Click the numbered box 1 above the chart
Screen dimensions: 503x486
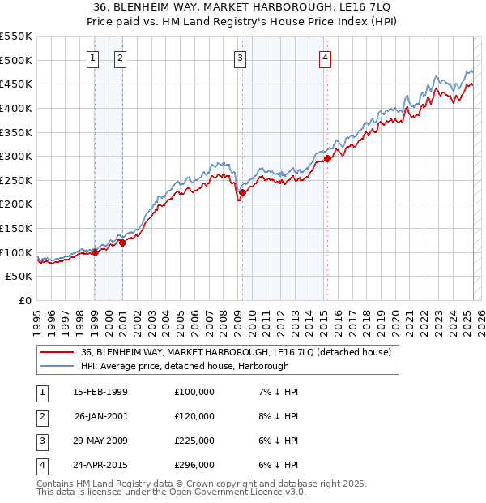coord(93,58)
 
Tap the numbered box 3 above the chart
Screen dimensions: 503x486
coord(241,58)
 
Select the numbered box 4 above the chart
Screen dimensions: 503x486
coord(325,58)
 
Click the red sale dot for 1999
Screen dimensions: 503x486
coord(95,252)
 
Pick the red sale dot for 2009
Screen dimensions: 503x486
coord(242,192)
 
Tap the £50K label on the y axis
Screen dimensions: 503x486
coord(19,277)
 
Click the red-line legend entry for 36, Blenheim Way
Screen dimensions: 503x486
coord(236,352)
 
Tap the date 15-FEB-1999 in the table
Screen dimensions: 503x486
coord(100,392)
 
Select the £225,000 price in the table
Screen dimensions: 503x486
coord(194,441)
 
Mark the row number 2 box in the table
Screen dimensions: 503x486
coord(40,416)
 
